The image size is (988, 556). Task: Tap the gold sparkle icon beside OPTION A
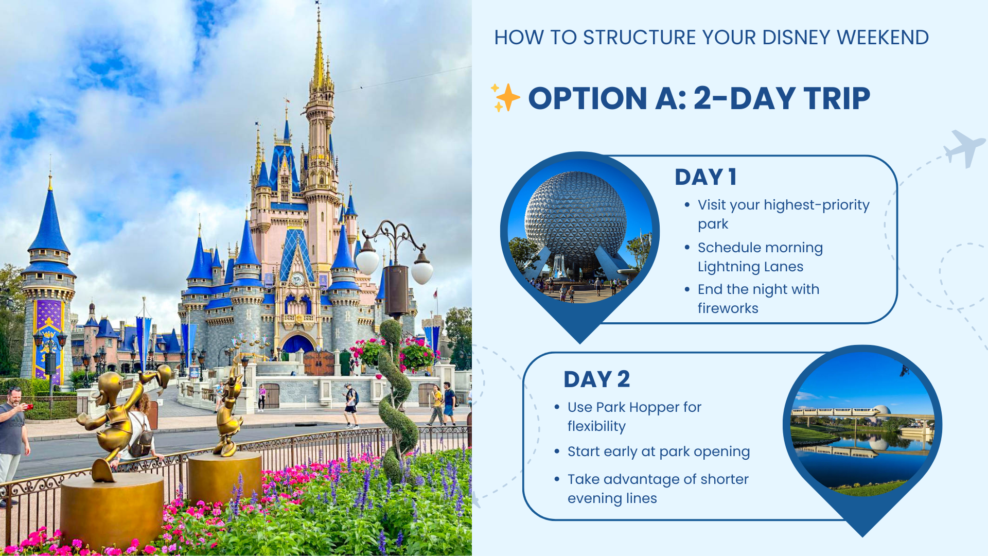[505, 97]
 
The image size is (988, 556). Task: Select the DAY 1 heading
[705, 177]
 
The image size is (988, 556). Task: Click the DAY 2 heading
[596, 379]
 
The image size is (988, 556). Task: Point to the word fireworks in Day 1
[728, 308]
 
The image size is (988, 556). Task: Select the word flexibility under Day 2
[596, 426]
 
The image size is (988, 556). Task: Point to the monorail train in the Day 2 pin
[834, 412]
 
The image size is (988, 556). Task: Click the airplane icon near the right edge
[964, 148]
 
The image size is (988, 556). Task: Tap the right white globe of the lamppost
[422, 271]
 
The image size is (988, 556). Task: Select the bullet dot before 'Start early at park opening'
[557, 451]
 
